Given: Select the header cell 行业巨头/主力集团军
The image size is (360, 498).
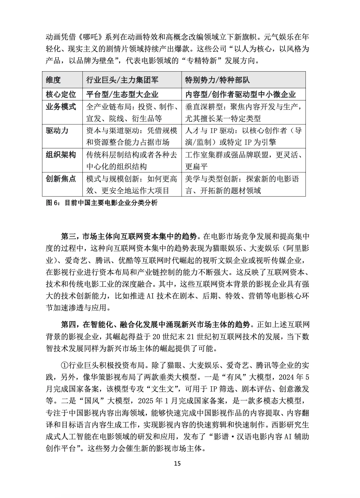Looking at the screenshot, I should click(122, 80).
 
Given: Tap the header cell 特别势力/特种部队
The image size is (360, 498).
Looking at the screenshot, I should click(217, 80).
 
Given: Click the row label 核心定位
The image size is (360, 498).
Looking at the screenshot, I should click(61, 94).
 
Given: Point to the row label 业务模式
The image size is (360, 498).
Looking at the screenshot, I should click(61, 106).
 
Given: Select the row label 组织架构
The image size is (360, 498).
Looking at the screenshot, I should click(61, 154).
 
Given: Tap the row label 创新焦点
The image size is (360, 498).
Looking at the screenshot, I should click(61, 178).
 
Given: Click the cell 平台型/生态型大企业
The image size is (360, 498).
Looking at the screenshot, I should click(122, 94).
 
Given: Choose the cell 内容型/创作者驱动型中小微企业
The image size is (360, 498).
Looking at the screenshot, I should click(241, 94).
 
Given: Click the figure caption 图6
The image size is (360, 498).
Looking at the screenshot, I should click(101, 203).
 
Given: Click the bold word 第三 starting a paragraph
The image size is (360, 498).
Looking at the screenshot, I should click(69, 235).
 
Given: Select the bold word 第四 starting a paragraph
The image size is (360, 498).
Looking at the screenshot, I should click(69, 325).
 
